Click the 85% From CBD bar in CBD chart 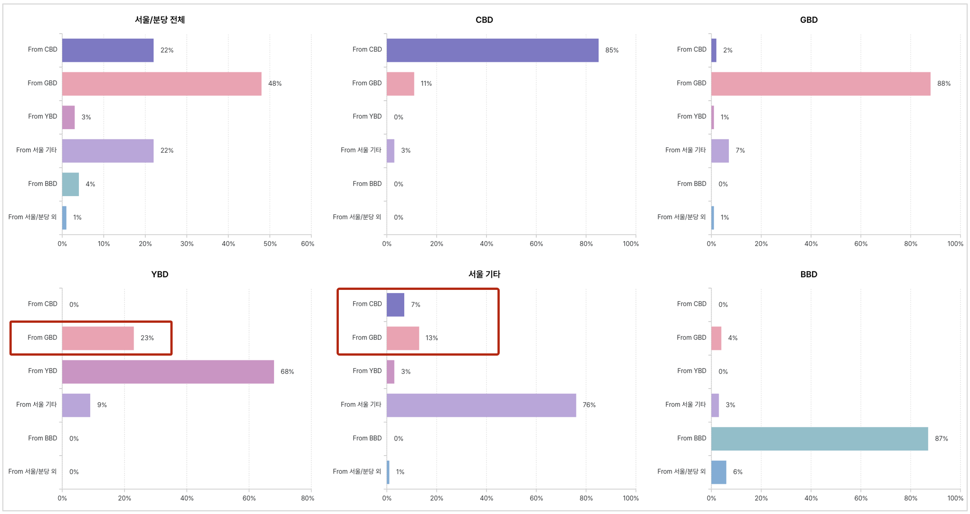[x=492, y=50]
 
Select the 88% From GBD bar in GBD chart [x=820, y=84]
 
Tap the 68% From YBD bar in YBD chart [x=168, y=372]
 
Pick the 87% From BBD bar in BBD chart [x=819, y=438]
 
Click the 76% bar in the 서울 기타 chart [x=481, y=405]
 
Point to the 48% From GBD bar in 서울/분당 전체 [x=162, y=84]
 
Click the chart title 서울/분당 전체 [x=160, y=20]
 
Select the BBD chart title [x=808, y=274]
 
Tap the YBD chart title [x=160, y=274]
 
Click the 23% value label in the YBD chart [x=147, y=338]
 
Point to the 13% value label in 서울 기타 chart [x=431, y=338]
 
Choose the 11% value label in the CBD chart [x=426, y=84]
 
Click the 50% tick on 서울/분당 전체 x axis [x=270, y=244]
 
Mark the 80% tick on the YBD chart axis [x=307, y=498]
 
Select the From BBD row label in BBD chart [x=691, y=438]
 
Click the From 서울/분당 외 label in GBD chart [x=681, y=217]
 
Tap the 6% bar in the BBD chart [x=718, y=472]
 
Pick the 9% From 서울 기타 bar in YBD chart [x=76, y=405]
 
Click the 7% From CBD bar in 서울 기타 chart [x=395, y=305]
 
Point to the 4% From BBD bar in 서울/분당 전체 [x=71, y=184]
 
